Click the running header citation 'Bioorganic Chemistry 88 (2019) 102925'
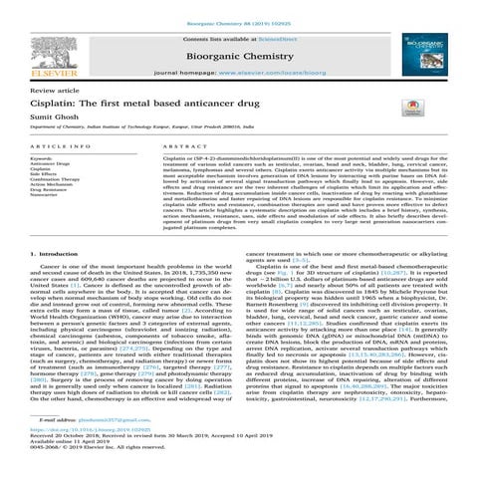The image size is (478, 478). (x=239, y=7)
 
